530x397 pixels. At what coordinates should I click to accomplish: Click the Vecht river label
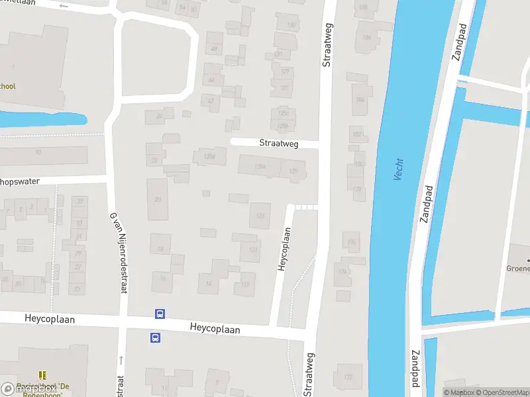399,169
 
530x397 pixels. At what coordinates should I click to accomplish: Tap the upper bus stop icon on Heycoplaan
160,314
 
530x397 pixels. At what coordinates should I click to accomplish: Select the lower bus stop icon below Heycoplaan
154,337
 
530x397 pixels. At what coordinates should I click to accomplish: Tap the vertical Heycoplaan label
284,249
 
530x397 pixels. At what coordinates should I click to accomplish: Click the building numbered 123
260,216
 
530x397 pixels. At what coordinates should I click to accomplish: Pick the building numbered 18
160,249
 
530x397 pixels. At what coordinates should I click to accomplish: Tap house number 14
209,284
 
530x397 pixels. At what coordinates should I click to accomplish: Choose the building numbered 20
157,199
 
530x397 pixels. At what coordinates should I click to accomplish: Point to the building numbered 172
348,377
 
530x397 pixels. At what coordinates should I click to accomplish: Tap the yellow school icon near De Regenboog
43,375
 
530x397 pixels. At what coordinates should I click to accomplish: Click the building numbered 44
212,80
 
